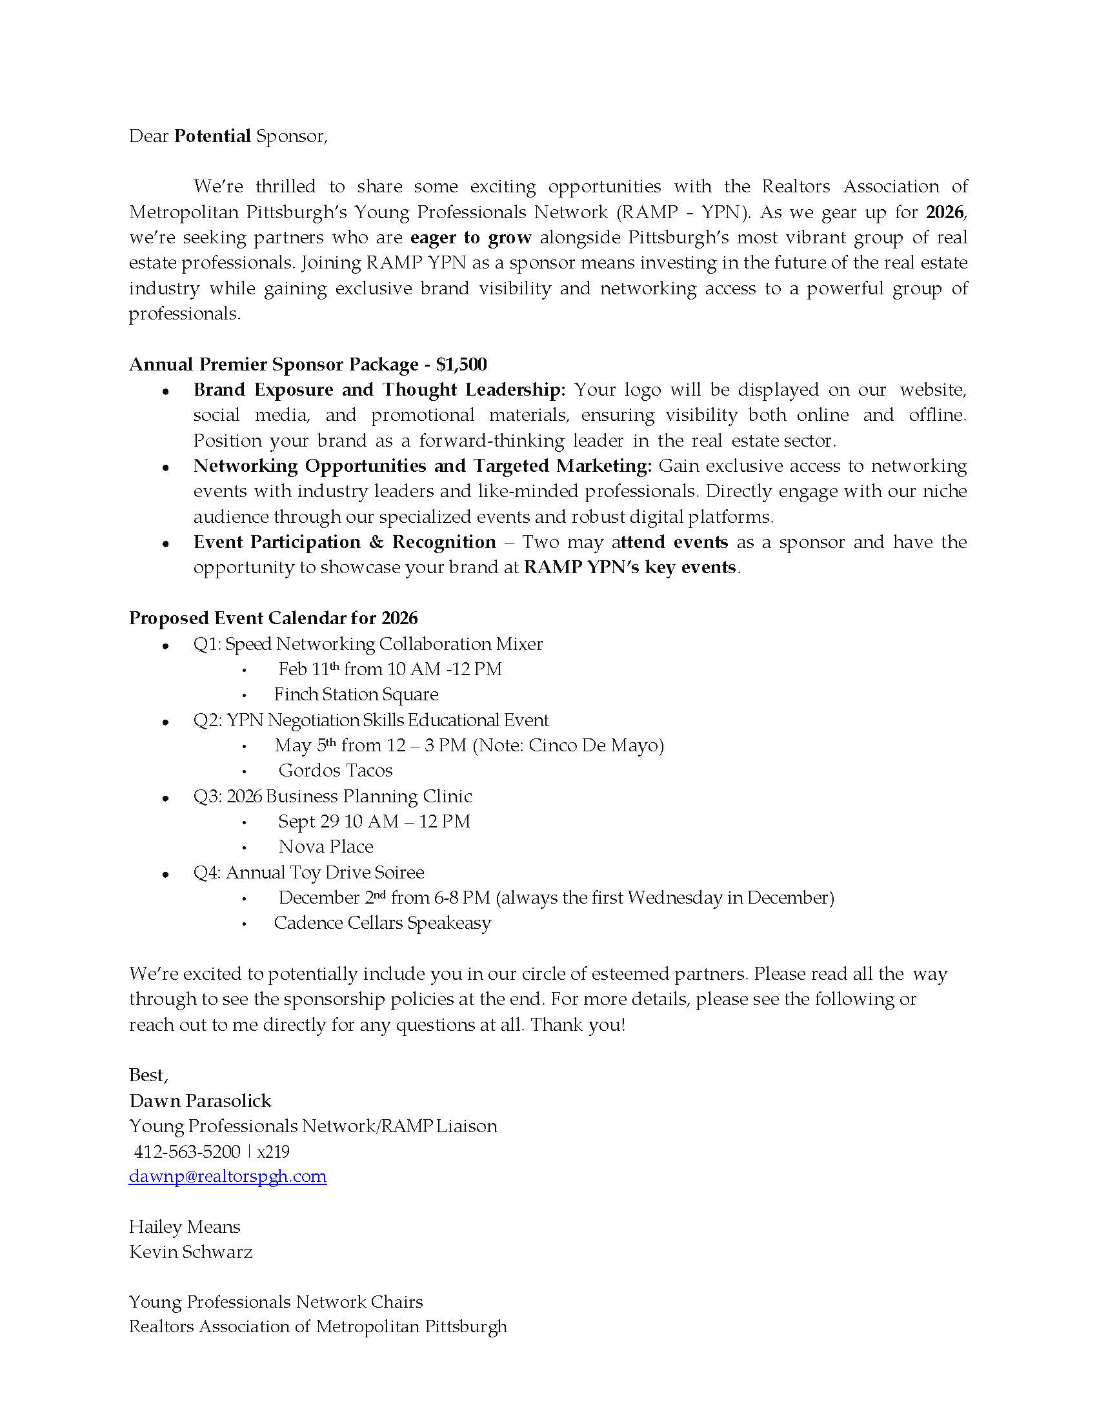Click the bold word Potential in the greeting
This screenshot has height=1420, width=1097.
point(212,136)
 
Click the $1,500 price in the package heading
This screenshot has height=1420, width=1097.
point(461,364)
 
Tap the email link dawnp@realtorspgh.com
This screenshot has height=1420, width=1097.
point(227,1176)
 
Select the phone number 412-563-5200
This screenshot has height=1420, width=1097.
point(187,1151)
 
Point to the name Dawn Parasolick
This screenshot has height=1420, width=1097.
point(200,1100)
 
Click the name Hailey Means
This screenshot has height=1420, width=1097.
point(185,1227)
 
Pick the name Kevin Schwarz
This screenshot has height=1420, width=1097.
point(190,1252)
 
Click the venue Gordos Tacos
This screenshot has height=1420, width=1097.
point(336,771)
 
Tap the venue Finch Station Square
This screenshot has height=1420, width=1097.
point(356,695)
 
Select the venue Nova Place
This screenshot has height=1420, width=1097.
point(326,847)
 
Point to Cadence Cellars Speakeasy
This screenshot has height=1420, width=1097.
point(382,922)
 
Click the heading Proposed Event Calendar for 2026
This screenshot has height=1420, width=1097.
point(273,618)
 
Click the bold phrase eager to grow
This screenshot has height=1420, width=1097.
point(471,238)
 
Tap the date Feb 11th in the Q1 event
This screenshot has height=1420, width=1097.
point(308,669)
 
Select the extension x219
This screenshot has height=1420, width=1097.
point(273,1151)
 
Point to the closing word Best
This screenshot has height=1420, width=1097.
point(148,1075)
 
